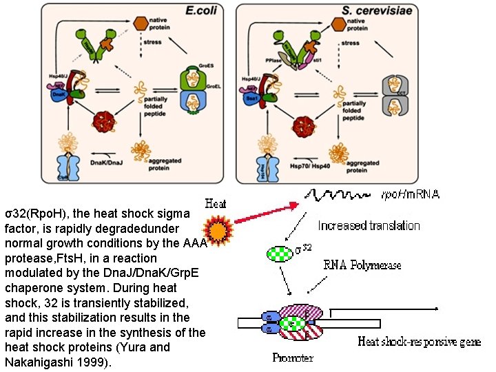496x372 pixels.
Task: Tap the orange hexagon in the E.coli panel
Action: click(141, 23)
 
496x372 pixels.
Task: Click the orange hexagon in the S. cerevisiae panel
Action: click(337, 23)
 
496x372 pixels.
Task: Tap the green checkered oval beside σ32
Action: click(279, 254)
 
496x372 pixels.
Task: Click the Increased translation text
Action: click(369, 225)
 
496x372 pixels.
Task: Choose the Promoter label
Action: click(291, 358)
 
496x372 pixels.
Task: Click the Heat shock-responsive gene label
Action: click(419, 341)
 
